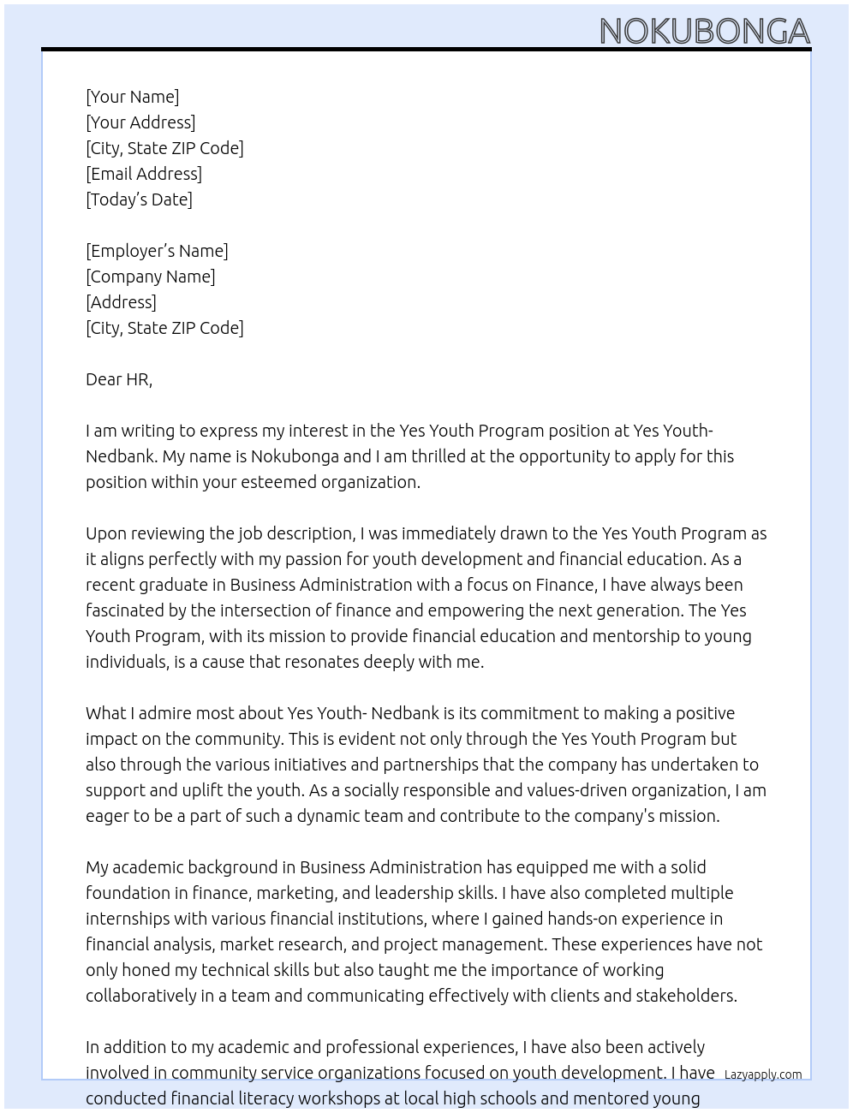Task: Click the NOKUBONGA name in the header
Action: [704, 32]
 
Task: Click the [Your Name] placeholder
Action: [132, 97]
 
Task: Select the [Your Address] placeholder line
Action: [140, 122]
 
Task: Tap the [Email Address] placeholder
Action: [144, 174]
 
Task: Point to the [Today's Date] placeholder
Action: [139, 199]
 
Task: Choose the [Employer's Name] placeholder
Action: [157, 251]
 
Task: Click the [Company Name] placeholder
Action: [150, 277]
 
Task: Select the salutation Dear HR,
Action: [119, 379]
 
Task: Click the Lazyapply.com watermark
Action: [763, 1074]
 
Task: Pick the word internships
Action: [126, 919]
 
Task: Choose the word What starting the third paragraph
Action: [104, 713]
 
